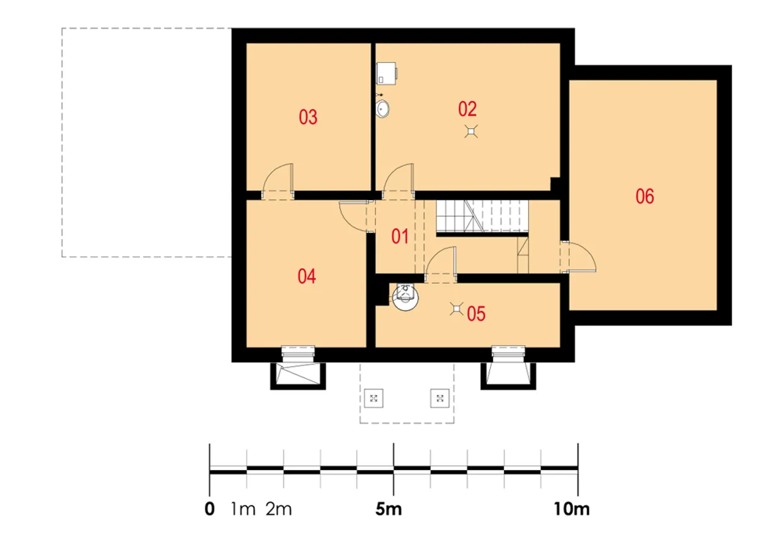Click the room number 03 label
pos(308,117)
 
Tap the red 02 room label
pos(467,109)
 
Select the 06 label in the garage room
pos(645,196)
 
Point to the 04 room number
pos(306,276)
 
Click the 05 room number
pos(476,313)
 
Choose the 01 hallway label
pos(400,236)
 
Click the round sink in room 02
pos(383,109)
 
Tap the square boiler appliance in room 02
pos(387,73)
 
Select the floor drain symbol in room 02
pos(471,131)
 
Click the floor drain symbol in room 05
pos(456,309)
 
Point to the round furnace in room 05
pos(405,297)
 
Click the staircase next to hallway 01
pos(482,216)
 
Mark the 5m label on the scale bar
pos(389,509)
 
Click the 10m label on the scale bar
pos(572,509)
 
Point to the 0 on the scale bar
pos(209,509)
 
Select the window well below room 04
pos(298,376)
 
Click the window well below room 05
pos(508,376)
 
